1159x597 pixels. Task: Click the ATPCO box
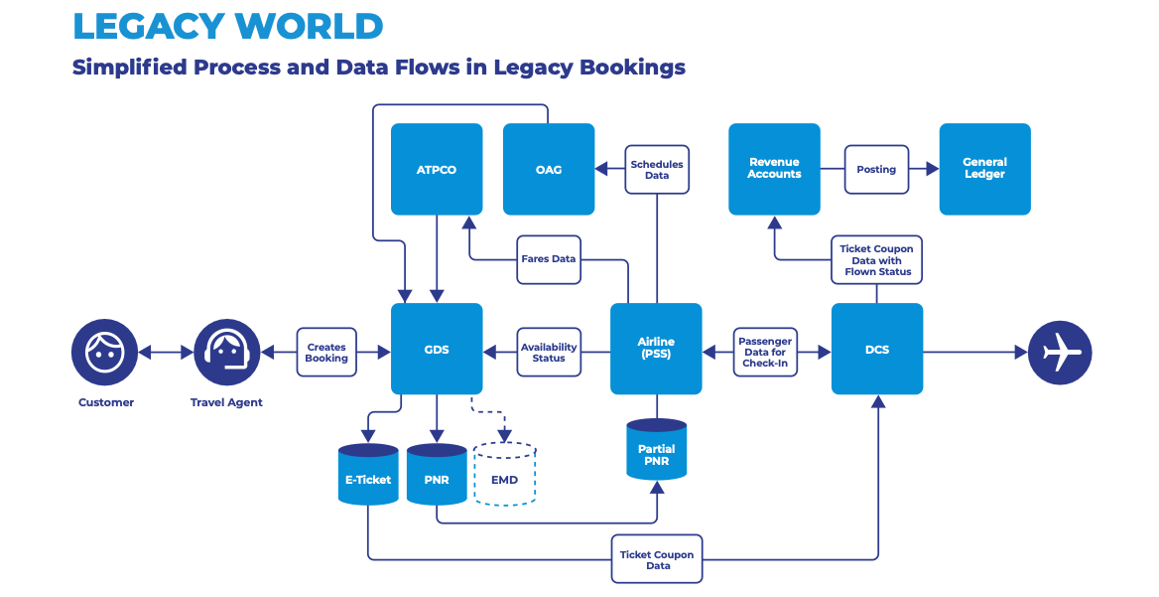point(437,169)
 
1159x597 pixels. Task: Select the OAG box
point(549,169)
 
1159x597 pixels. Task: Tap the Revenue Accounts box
point(774,169)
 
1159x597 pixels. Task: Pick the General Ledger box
point(984,169)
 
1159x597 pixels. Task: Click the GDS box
point(437,349)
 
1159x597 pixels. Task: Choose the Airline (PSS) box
point(656,349)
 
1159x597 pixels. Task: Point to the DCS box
point(877,349)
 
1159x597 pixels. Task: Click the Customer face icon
point(104,353)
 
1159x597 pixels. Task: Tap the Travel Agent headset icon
point(226,353)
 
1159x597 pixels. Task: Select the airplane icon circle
point(1060,352)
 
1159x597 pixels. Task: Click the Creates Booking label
point(326,353)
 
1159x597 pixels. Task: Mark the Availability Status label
point(549,353)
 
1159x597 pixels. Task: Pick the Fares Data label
point(549,259)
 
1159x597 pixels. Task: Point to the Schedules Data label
point(657,170)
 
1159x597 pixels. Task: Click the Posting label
point(876,170)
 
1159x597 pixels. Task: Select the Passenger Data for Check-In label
point(765,353)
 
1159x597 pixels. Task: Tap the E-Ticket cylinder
point(368,476)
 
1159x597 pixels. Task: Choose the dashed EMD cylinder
point(504,476)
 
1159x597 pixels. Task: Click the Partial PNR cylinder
point(657,451)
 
